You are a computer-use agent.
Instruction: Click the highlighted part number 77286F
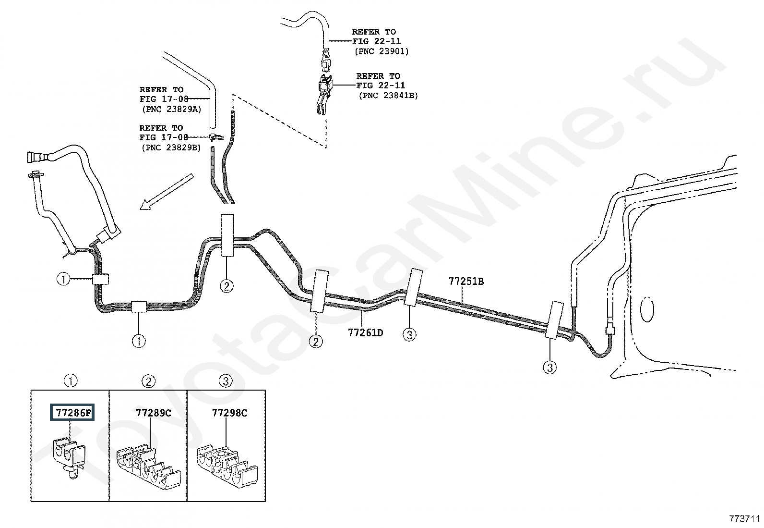72,413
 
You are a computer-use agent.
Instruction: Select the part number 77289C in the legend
153,413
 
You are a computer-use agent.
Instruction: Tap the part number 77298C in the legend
229,413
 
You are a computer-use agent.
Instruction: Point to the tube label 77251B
466,282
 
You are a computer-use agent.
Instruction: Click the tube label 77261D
365,332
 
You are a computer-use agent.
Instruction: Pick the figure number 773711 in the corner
744,519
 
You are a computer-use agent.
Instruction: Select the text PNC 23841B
388,95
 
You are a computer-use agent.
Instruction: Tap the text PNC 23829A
171,109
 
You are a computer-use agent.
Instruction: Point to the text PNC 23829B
171,147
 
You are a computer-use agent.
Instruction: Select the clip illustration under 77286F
69,457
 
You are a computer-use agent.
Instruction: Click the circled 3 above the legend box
225,381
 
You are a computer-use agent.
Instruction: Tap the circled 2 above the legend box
148,381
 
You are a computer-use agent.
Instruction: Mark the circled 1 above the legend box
71,381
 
